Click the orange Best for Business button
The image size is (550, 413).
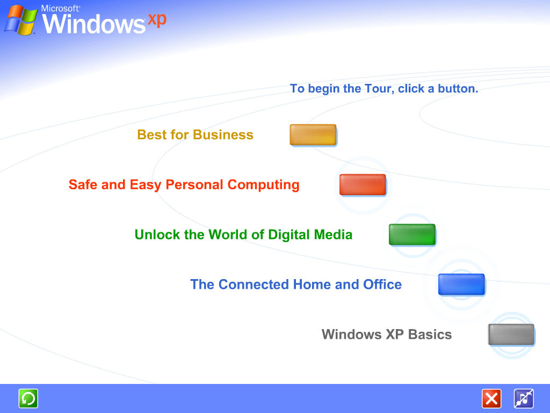[313, 134]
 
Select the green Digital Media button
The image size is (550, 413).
[412, 234]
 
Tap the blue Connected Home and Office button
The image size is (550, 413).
[461, 284]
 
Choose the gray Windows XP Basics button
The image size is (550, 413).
[511, 334]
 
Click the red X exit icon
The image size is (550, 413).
[491, 398]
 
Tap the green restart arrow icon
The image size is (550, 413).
[28, 398]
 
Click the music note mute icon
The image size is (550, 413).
[524, 398]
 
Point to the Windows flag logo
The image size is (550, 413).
[20, 20]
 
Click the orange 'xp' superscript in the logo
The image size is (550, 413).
[157, 19]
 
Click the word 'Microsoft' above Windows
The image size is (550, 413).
[60, 9]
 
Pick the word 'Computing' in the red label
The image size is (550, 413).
[263, 185]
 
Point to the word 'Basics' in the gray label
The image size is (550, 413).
[430, 334]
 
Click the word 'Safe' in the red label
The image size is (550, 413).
[83, 185]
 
